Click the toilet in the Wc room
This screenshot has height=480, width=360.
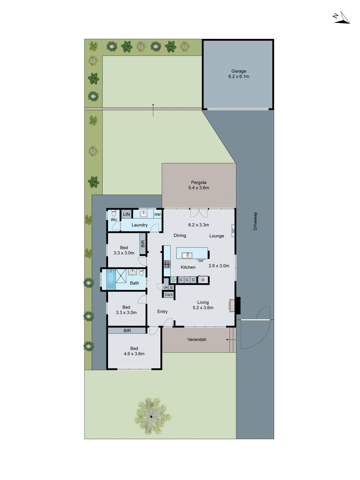point(114,213)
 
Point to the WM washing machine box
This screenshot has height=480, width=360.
point(157,214)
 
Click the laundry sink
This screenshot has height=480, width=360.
point(144,214)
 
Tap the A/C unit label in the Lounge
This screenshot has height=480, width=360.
point(233,231)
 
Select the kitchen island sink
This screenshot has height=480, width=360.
point(187,256)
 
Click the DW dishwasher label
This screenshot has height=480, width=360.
point(201,261)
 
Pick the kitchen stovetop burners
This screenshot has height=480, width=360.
point(167,264)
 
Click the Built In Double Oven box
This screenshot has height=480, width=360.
point(173,280)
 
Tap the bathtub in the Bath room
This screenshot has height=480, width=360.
point(111,280)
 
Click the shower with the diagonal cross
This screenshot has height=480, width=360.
point(121,276)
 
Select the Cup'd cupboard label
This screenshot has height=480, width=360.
point(169,295)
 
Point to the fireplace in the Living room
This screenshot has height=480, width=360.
point(232,305)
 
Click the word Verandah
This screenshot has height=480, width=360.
point(197,340)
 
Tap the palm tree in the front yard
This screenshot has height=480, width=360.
point(152,416)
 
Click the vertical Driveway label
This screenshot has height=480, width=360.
point(255,221)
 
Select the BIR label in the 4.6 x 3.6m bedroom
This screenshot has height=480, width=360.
point(127,331)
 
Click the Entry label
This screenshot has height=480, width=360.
point(162,312)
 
